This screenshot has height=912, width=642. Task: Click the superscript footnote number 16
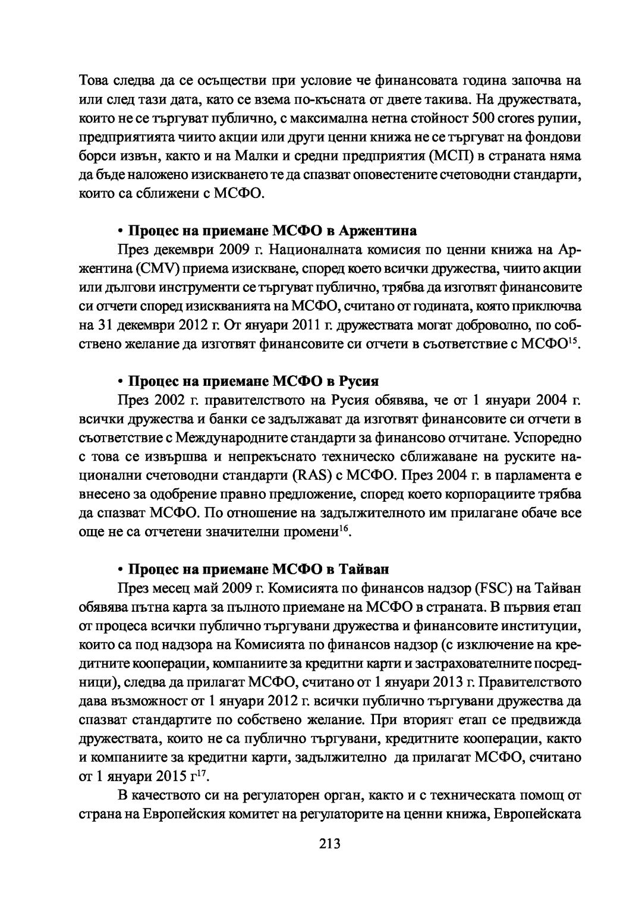pos(343,529)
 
